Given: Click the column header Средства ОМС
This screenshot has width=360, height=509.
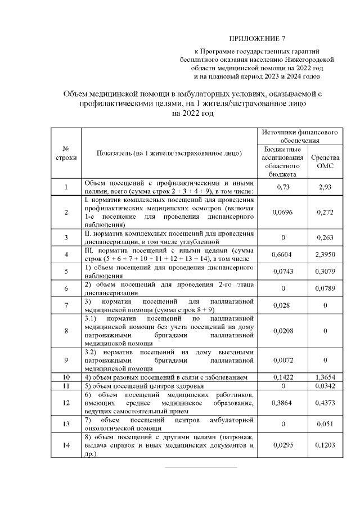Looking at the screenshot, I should [325, 162].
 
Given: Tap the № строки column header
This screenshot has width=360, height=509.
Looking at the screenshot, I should [66, 153].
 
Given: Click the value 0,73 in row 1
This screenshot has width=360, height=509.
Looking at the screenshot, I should [283, 187].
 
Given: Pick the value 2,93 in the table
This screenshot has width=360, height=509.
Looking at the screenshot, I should [325, 187].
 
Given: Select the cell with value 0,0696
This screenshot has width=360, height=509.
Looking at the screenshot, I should [283, 212].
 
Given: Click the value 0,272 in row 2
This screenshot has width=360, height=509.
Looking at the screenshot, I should [325, 212].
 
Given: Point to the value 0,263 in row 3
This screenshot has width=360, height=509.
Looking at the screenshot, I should [325, 237].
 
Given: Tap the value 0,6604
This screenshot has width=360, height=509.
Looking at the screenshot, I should [283, 254].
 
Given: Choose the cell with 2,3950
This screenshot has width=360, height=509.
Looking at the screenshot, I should [325, 254].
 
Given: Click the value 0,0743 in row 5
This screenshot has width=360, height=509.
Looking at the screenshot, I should [283, 271].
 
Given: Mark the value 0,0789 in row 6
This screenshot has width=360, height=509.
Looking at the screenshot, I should [325, 288].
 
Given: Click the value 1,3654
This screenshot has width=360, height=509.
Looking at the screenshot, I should [325, 376].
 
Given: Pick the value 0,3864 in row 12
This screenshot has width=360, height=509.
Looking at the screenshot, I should [283, 403].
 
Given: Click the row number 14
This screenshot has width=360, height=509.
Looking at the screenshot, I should [66, 445].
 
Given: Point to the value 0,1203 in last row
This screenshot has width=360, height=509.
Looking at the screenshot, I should [325, 445].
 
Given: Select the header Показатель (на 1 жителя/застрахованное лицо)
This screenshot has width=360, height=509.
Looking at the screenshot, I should [169, 153].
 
